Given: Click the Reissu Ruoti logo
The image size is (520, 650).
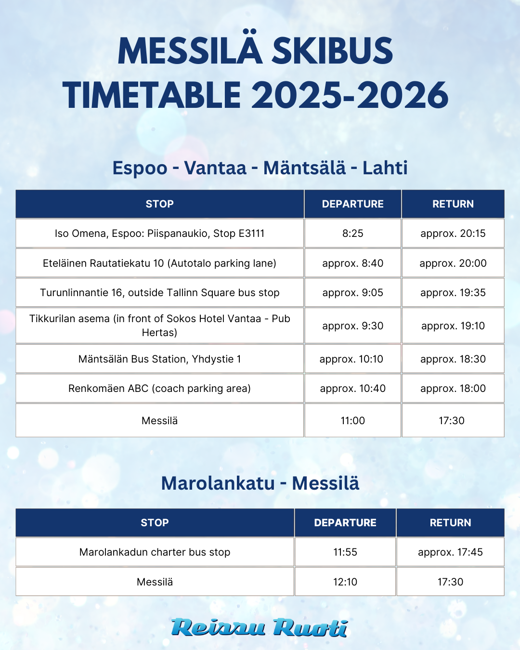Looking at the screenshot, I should coord(260,628).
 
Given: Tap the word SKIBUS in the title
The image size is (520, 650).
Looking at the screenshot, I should coord(333,51).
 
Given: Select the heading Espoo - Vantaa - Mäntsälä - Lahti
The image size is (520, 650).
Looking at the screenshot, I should coord(260,168).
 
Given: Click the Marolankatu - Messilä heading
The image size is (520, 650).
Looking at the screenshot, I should coord(260,483).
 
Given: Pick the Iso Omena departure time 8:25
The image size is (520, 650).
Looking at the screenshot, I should coord(352,234).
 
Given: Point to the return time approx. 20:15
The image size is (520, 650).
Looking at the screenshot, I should coord(453,234).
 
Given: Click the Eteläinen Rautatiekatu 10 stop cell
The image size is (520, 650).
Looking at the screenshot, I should coord(159,263).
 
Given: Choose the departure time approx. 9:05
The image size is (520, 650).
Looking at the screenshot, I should coord(352,293).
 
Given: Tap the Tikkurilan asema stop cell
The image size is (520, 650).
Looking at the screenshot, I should coord(159,325).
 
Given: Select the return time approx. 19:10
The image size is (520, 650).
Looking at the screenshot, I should coord(453,326).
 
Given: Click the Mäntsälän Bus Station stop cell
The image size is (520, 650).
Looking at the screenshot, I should coord(159,359).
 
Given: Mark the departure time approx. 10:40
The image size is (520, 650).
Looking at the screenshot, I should coord(352,389).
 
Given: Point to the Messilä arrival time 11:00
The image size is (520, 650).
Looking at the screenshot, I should coord(352,421).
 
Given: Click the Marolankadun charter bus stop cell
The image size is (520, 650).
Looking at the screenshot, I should coord(155,552).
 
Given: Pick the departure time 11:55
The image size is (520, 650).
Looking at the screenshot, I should coord(345,552).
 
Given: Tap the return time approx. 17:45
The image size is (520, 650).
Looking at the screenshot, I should coord(450,552).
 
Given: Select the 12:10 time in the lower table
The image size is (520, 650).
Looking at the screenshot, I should coord(345,582).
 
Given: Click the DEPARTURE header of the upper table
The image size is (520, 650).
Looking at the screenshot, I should coord(352,204).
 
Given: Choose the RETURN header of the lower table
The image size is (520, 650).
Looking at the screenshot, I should coord(450,523).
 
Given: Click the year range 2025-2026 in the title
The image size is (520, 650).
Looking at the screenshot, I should coord(350,95).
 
